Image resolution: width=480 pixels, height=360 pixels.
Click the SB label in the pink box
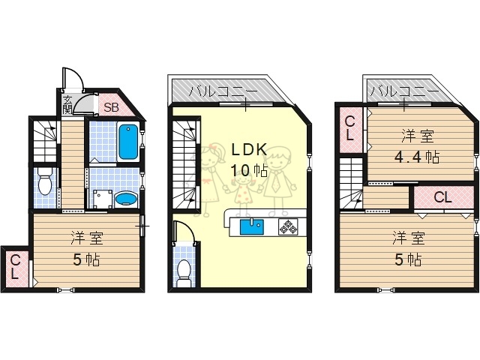tap(111, 106)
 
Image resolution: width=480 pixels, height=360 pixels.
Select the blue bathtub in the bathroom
tap(128, 142)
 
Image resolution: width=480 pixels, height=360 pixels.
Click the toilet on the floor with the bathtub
tap(44, 182)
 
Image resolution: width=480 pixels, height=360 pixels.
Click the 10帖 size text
tap(248, 170)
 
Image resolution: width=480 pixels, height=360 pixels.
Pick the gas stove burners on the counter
tap(289, 225)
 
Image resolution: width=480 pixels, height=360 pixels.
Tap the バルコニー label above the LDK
tap(223, 91)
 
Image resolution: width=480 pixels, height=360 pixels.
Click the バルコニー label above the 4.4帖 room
tap(403, 91)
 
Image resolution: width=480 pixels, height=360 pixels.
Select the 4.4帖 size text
tap(417, 157)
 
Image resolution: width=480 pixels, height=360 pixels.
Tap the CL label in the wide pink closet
tap(442, 198)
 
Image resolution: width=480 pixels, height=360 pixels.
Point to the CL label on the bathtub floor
tap(15, 267)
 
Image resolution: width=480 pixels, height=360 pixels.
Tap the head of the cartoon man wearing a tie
tap(279, 157)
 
